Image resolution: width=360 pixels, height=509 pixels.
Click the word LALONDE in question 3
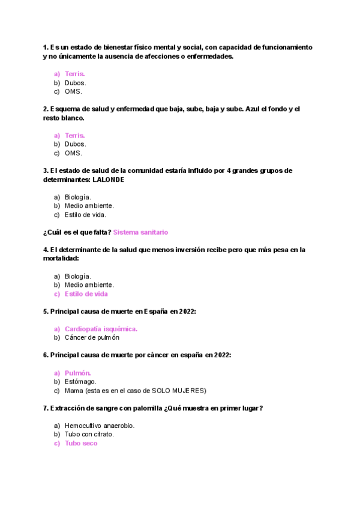(x=109, y=179)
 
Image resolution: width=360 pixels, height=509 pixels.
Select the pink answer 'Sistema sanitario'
(x=140, y=232)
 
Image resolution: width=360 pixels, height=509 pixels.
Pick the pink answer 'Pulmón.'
(x=77, y=373)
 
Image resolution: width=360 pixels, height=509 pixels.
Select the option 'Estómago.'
(x=80, y=381)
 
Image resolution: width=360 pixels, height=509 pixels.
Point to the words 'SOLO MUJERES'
(x=182, y=390)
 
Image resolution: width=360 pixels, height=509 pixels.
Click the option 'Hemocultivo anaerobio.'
(x=99, y=426)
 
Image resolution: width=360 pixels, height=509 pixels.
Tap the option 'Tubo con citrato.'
(x=89, y=434)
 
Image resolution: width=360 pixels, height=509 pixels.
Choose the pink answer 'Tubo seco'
(x=81, y=444)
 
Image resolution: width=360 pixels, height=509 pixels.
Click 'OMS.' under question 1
(x=73, y=92)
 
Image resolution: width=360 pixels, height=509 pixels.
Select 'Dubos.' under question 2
(x=75, y=144)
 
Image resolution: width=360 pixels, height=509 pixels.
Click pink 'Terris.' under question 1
(x=74, y=74)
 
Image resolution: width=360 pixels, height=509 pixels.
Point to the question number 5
(x=46, y=312)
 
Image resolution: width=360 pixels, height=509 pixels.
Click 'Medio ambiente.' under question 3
(x=89, y=205)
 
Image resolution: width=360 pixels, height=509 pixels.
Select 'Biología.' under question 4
(x=77, y=276)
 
